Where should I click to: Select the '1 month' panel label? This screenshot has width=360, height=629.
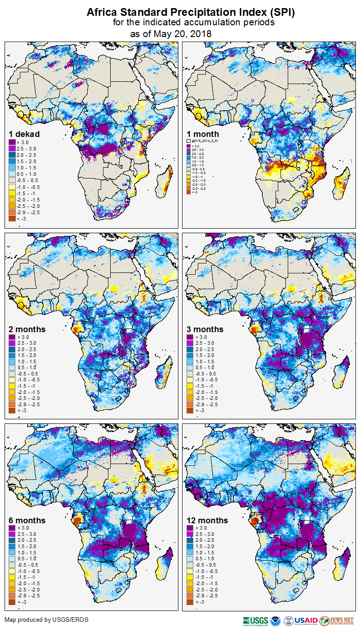pos(203,134)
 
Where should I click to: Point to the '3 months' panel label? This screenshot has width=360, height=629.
pos(205,329)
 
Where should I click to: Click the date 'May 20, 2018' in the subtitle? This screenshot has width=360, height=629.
pos(182,33)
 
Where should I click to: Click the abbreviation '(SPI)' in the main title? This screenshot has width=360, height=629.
pos(283,13)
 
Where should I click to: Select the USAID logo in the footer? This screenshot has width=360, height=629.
pos(306,620)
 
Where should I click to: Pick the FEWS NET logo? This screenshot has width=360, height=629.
pos(337,620)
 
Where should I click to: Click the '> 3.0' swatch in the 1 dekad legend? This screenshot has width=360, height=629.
pos(13,142)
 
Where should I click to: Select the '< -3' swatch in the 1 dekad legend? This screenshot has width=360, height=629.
pos(13,219)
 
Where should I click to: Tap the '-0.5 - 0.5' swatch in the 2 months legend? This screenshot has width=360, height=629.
pos(13,374)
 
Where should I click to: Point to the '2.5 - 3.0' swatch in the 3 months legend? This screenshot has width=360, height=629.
pos(192,343)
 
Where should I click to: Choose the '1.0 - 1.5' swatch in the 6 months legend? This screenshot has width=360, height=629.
pos(13,553)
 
